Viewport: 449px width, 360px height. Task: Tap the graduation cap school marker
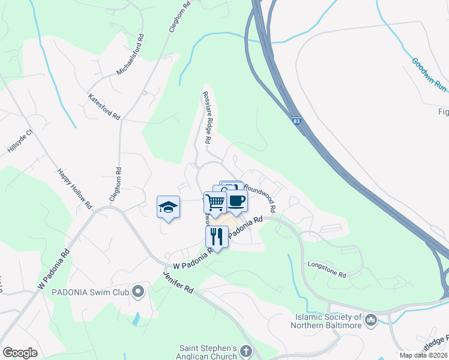pyautogui.click(x=169, y=207)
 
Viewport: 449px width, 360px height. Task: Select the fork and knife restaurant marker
pyautogui.click(x=217, y=236)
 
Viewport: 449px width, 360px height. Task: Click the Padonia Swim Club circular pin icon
pyautogui.click(x=138, y=292)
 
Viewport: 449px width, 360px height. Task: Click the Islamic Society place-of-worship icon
pyautogui.click(x=370, y=320)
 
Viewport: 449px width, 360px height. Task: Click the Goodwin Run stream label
pyautogui.click(x=430, y=75)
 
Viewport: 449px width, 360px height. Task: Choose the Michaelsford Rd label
pyautogui.click(x=130, y=55)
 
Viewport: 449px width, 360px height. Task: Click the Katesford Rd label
pyautogui.click(x=104, y=106)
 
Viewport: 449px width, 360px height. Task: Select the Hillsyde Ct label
pyautogui.click(x=20, y=142)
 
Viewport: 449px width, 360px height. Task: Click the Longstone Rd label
pyautogui.click(x=327, y=269)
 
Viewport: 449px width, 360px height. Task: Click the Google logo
pyautogui.click(x=20, y=353)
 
